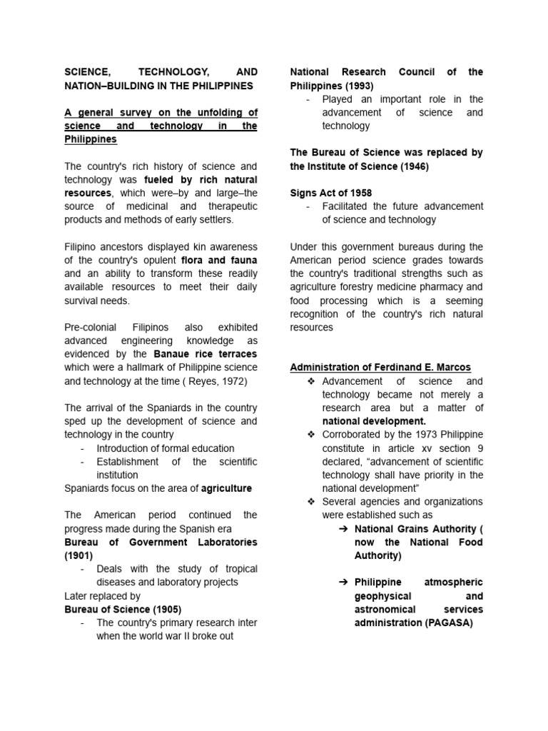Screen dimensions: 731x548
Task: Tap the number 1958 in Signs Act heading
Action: point(358,193)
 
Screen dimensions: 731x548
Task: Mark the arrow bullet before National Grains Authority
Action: point(343,529)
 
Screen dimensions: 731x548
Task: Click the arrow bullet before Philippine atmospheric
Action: point(343,583)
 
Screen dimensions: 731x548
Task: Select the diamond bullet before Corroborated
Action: point(310,435)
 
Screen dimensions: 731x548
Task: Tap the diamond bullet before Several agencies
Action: point(310,502)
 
